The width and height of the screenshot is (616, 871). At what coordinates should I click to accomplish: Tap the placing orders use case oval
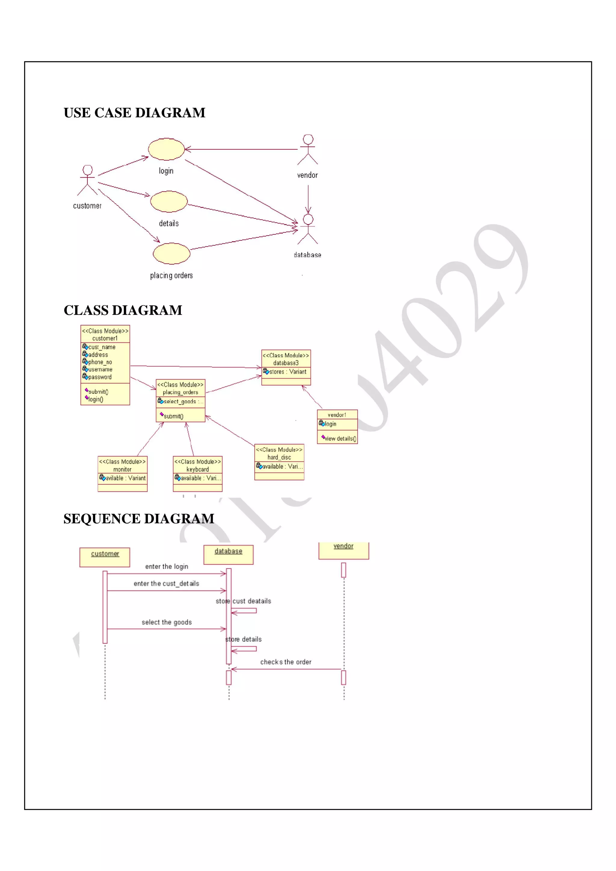(x=171, y=253)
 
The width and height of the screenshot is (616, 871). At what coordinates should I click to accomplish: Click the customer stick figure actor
(x=87, y=180)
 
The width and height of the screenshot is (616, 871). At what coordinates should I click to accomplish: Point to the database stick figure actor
(x=308, y=229)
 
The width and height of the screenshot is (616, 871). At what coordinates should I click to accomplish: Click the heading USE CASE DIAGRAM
(x=134, y=113)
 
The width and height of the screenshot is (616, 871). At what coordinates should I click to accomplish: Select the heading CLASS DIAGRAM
(x=123, y=310)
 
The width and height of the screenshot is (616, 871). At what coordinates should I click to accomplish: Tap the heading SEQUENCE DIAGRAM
(x=139, y=518)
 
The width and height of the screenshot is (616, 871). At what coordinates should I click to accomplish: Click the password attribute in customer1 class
(x=100, y=377)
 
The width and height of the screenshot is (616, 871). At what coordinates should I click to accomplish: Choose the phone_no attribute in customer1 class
(x=100, y=362)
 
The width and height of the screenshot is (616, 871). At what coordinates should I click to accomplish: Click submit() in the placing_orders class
(x=174, y=416)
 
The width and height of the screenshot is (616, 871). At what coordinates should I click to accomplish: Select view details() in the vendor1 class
(x=340, y=439)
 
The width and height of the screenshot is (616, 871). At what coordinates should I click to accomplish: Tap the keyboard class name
(x=197, y=469)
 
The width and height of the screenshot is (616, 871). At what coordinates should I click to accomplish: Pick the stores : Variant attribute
(x=287, y=372)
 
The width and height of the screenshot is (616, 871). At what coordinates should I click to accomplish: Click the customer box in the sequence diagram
(x=105, y=557)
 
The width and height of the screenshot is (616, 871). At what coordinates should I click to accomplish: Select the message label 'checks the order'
(x=285, y=662)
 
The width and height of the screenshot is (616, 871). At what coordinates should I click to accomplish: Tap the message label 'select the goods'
(x=167, y=622)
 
